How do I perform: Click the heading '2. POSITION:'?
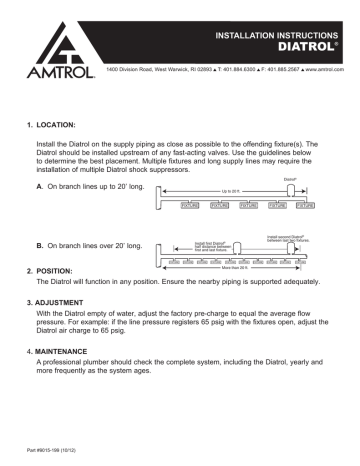pos(50,270)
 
